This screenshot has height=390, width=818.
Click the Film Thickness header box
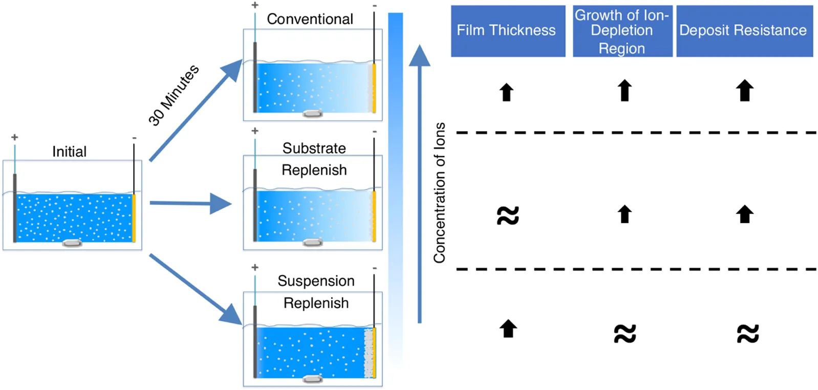point(507,31)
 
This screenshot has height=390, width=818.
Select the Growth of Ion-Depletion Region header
point(622,31)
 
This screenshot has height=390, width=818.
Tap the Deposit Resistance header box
point(744,31)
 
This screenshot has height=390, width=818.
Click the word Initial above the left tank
point(69,151)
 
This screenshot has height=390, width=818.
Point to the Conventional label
point(310,19)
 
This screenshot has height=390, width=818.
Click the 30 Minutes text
point(174,95)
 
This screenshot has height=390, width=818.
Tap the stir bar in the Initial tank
point(72,243)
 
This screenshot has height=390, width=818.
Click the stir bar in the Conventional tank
point(312,113)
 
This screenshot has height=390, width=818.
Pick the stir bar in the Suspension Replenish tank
point(312,379)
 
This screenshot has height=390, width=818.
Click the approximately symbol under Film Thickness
point(508,215)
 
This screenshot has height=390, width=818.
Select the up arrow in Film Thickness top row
point(506,92)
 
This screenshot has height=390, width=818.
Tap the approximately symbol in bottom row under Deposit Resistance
point(747,334)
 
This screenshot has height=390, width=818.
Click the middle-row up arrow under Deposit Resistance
point(745,214)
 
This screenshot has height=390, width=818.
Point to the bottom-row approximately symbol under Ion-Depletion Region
point(625,334)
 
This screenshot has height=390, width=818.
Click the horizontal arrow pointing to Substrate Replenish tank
point(189,203)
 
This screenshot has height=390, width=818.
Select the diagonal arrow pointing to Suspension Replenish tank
point(195,289)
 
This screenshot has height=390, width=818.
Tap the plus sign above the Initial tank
point(15,137)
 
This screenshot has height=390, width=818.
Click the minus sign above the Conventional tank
point(375,6)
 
